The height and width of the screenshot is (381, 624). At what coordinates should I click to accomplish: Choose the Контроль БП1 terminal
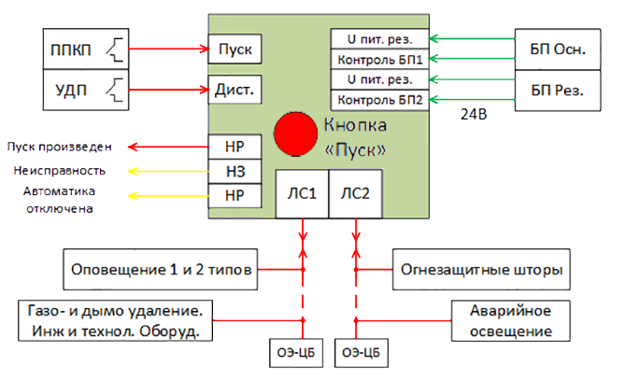pos(380,59)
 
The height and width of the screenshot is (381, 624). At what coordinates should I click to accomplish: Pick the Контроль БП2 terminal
pos(380,99)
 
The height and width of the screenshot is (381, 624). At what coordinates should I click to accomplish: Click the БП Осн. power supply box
pos(557,49)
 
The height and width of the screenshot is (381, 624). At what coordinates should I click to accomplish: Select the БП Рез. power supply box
pos(557,91)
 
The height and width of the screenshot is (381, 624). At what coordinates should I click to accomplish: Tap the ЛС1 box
pos(302,194)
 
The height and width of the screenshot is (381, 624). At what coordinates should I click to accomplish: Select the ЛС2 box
pos(354,194)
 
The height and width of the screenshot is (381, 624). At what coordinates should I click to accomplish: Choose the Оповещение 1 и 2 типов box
pos(162,271)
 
